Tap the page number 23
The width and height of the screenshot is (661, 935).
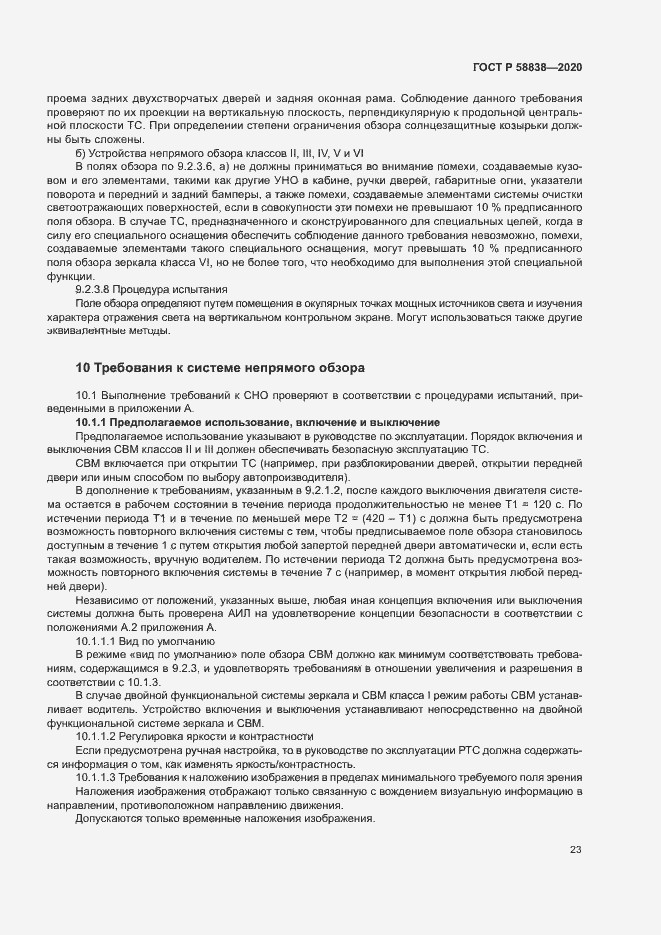[575, 850]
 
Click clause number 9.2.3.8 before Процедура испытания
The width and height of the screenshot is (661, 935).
[97, 289]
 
